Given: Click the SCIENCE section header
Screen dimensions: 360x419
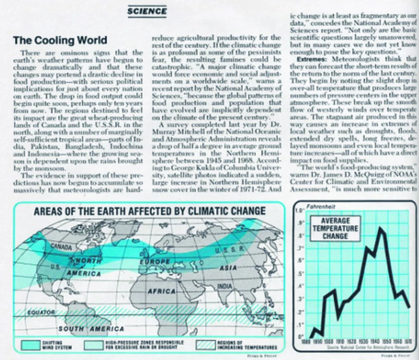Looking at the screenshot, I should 147,11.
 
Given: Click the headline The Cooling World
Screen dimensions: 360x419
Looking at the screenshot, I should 60,40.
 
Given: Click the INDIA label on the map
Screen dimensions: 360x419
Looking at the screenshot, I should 225,287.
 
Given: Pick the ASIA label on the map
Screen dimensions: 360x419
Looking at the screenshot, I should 227,267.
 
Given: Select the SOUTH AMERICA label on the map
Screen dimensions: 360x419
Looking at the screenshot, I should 91,329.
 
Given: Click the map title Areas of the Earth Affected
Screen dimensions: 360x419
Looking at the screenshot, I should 149,211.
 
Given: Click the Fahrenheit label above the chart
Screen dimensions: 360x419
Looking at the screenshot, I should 316,207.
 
